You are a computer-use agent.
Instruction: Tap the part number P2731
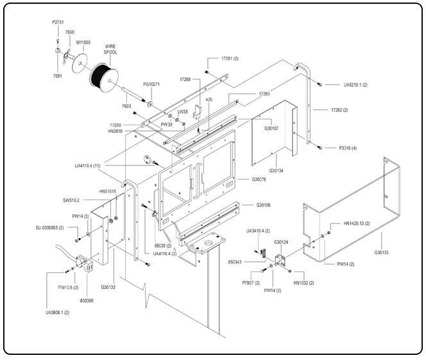[58, 22]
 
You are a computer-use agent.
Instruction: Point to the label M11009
[83, 42]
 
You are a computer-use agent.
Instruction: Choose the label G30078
[259, 179]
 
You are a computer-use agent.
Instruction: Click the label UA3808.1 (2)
[57, 313]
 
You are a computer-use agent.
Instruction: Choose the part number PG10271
[151, 84]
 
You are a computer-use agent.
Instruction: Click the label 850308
[86, 300]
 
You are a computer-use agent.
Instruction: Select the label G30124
[282, 242]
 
